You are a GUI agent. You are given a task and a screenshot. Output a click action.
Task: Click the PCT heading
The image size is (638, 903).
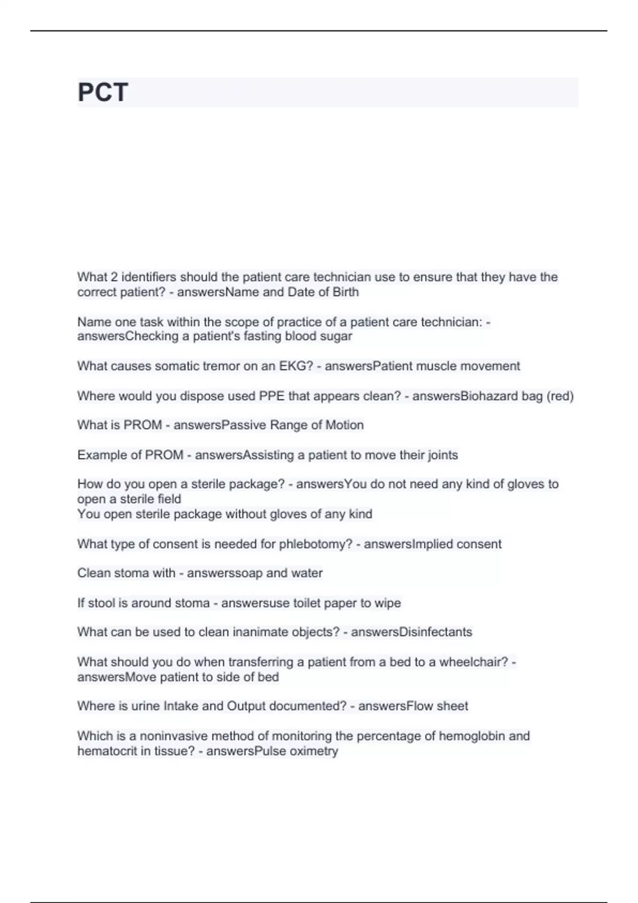[x=103, y=92]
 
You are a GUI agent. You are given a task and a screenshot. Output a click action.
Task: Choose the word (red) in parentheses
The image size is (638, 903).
[x=560, y=396]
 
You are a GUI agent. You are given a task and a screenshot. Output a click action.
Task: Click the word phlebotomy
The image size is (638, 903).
[x=315, y=544]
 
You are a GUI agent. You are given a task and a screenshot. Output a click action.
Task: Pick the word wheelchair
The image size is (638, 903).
[x=473, y=662]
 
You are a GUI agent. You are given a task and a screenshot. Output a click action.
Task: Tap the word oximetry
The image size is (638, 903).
[x=313, y=751]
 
